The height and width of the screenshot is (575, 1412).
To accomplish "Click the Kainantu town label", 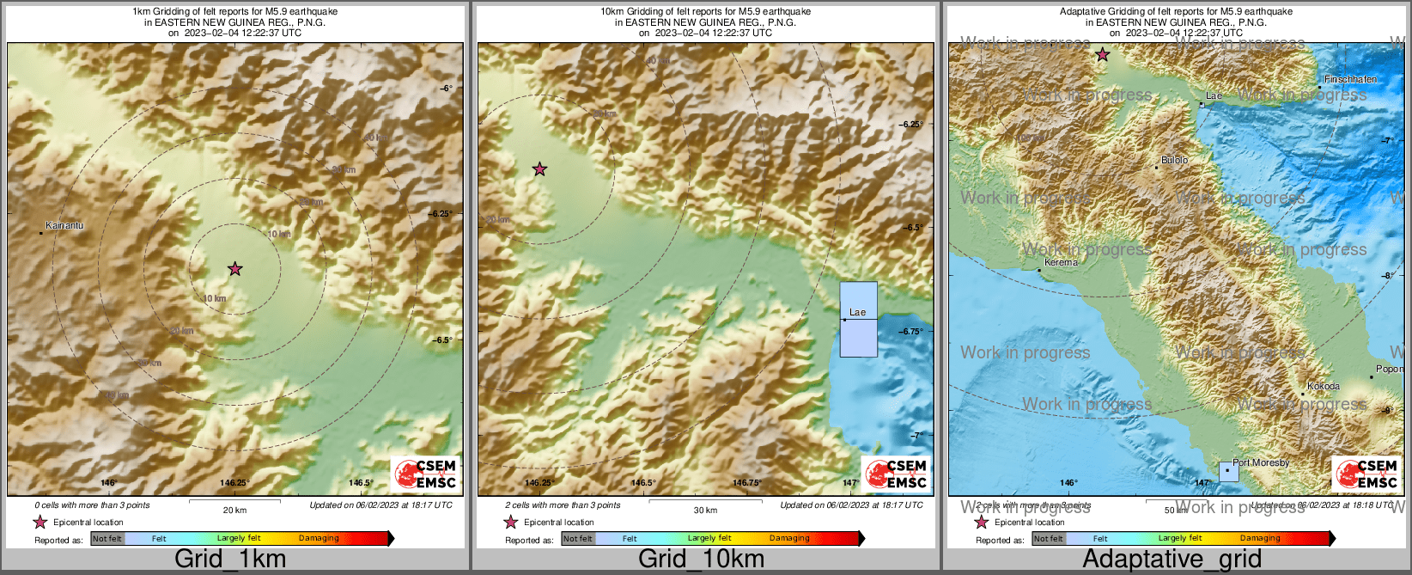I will pos(64,225).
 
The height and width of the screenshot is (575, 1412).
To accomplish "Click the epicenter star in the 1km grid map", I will pos(234,269).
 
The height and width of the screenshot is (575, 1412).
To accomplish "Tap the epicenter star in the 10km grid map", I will pos(539,169).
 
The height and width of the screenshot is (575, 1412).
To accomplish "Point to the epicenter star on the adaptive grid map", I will pos(1102,55).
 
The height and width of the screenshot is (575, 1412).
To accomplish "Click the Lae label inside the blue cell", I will pos(857,312).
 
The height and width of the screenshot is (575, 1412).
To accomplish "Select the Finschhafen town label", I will pos(1350,79).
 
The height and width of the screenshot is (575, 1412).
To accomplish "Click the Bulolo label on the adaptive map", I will pos(1174,160).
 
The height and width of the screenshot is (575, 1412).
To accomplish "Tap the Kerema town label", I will pos(1061,262).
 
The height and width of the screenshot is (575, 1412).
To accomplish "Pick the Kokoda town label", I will pos(1323,386).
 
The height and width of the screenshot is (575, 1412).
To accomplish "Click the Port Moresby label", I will pos(1261,462).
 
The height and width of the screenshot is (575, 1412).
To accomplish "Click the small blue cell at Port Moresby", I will pos(1229,471).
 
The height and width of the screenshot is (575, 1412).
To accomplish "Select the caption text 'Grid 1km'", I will pos(230,559).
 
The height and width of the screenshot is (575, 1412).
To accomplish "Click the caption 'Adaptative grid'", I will pos(1172,559).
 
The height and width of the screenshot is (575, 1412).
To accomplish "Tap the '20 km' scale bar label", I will pos(234,510).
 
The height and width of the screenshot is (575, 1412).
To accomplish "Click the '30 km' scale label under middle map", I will pos(705,510).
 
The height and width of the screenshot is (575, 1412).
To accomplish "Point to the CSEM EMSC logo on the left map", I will pos(424,474).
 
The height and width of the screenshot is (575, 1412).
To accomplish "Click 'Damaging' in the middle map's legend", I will pos(789,538).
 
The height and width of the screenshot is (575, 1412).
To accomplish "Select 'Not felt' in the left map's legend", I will pos(107,538).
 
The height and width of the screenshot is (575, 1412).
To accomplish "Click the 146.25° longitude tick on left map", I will pos(234,482).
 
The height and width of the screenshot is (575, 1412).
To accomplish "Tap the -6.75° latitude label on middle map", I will pos(910,331).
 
